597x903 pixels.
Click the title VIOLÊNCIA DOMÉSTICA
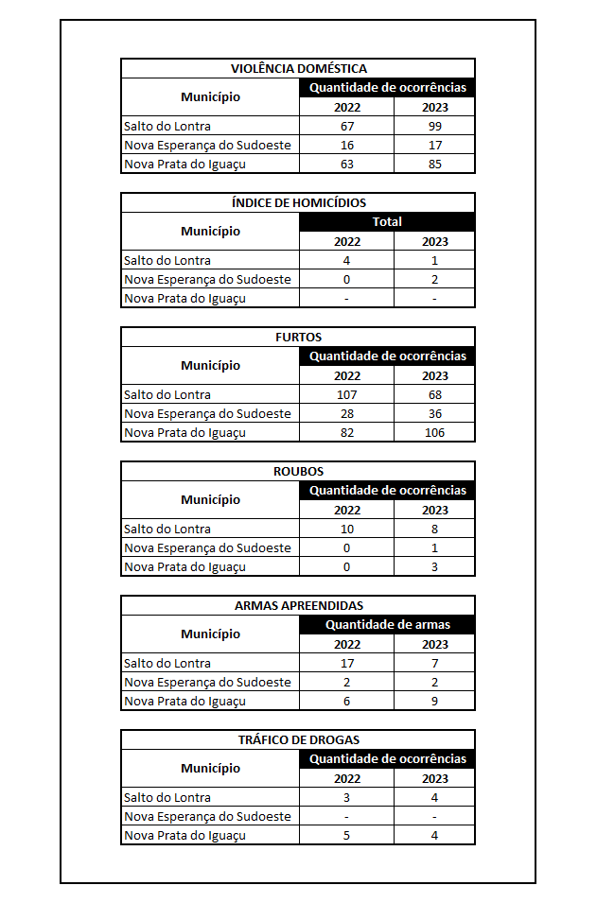298,69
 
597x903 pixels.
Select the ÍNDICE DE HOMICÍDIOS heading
298,203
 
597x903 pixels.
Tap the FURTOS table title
298,338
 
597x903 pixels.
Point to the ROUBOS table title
298,472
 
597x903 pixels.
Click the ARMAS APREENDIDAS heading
298,606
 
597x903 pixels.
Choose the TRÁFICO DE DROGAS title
298,740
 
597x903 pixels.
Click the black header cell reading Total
387,222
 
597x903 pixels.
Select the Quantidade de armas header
387,625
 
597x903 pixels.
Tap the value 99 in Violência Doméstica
434,127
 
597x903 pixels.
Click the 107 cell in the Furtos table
347,395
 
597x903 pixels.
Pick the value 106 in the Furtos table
434,433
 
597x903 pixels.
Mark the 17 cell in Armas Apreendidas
347,664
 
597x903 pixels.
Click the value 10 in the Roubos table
347,530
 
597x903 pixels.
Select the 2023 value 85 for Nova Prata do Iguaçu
434,165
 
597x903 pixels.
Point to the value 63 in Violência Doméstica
347,165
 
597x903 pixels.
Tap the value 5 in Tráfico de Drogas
347,836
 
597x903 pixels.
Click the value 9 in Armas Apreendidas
434,702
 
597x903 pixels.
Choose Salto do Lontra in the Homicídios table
167,261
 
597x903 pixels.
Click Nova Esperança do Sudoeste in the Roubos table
207,548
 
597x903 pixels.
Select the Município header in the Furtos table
210,366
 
